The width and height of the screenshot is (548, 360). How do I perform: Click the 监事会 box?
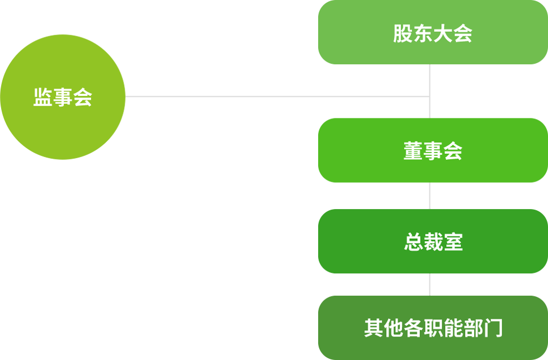pyautogui.click(x=63, y=97)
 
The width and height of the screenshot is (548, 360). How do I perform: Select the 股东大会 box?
pyautogui.click(x=432, y=32)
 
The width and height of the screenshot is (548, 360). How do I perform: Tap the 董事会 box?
pyautogui.click(x=432, y=150)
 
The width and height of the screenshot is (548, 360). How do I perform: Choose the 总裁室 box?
pyautogui.click(x=432, y=241)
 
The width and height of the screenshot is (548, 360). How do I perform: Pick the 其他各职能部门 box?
pyautogui.click(x=432, y=328)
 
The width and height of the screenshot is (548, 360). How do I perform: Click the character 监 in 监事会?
pyautogui.click(x=42, y=98)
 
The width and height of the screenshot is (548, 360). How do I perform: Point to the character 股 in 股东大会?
pyautogui.click(x=403, y=34)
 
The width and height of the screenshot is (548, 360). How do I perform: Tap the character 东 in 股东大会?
pyautogui.click(x=423, y=34)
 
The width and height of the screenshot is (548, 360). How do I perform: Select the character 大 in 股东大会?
pyautogui.click(x=443, y=34)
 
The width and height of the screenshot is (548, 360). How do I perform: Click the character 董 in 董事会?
pyautogui.click(x=413, y=151)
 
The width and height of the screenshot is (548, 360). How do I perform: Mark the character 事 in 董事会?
pyautogui.click(x=433, y=151)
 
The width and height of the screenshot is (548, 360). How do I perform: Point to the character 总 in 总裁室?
pyautogui.click(x=413, y=243)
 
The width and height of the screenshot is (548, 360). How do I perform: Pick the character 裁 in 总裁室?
pyautogui.click(x=433, y=243)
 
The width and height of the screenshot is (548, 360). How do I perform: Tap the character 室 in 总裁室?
pyautogui.click(x=453, y=243)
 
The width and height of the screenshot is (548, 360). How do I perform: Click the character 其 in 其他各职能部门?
pyautogui.click(x=374, y=328)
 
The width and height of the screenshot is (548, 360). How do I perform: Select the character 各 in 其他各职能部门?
pyautogui.click(x=413, y=328)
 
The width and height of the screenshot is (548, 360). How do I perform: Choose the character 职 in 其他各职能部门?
pyautogui.click(x=433, y=328)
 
